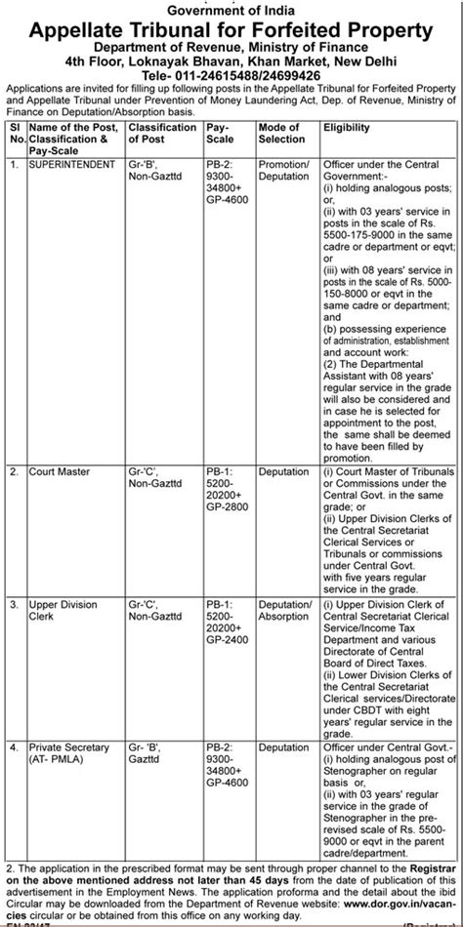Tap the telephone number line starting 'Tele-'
(x=231, y=73)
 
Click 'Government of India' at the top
(x=231, y=10)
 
